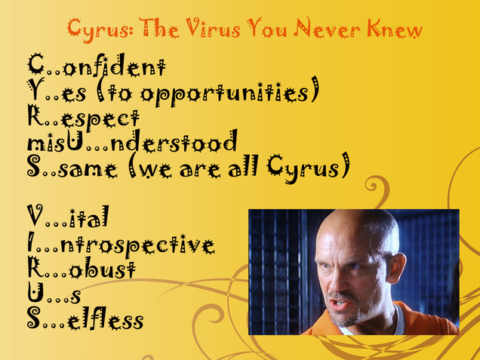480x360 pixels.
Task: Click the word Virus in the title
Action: (213, 28)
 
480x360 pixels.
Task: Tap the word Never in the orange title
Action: (327, 28)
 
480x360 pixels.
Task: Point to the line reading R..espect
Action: (83, 118)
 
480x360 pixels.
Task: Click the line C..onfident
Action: (97, 65)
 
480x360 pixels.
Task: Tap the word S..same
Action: (72, 168)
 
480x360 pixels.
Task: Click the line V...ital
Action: (68, 217)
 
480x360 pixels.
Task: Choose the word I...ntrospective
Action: (122, 245)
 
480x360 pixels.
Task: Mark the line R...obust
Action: (82, 268)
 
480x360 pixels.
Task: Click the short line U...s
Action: (54, 293)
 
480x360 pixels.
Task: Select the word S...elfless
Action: (85, 318)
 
